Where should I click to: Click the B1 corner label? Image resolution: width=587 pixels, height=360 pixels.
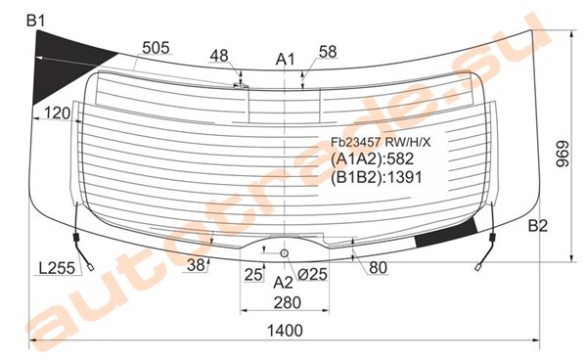pyautogui.click(x=36, y=21)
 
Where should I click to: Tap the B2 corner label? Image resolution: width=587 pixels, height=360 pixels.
pyautogui.click(x=538, y=226)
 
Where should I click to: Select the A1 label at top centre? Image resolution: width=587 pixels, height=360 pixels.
pyautogui.click(x=286, y=59)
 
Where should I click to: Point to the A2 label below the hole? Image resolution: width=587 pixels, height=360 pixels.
pyautogui.click(x=283, y=283)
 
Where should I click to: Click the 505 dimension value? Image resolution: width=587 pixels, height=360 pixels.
pyautogui.click(x=157, y=48)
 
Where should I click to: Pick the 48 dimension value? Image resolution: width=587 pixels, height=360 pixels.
pyautogui.click(x=219, y=56)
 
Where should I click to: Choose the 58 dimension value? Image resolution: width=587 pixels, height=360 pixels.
pyautogui.click(x=328, y=52)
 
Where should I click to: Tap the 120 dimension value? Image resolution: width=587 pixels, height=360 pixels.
pyautogui.click(x=58, y=112)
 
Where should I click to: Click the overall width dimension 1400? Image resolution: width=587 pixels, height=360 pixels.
pyautogui.click(x=285, y=331)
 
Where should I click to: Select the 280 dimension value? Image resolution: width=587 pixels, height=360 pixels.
pyautogui.click(x=287, y=302)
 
